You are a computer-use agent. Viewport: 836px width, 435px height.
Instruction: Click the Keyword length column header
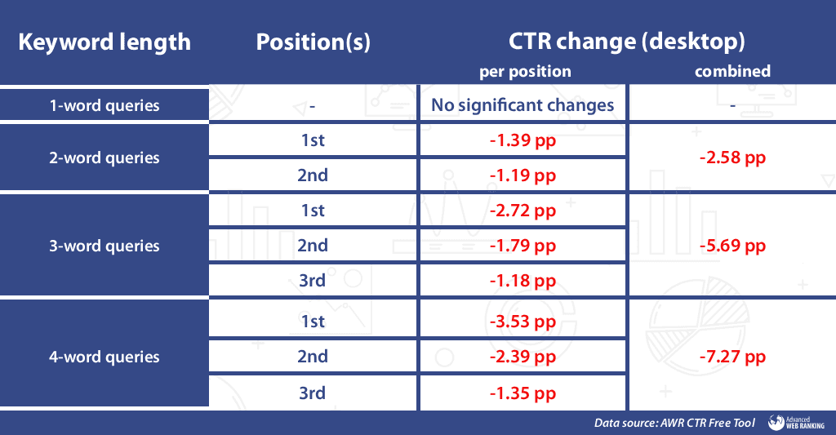pyautogui.click(x=104, y=42)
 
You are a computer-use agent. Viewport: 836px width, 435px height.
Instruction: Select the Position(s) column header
pyautogui.click(x=313, y=42)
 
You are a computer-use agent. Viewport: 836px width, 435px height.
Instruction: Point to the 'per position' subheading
pyautogui.click(x=525, y=71)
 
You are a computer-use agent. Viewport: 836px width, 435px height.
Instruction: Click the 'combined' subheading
pyautogui.click(x=732, y=71)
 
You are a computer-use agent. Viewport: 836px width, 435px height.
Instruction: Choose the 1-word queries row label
pyautogui.click(x=104, y=105)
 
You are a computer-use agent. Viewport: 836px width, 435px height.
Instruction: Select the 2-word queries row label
pyautogui.click(x=104, y=158)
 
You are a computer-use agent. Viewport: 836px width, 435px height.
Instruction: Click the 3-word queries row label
pyautogui.click(x=104, y=246)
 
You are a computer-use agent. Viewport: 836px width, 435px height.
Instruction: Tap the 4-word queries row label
pyautogui.click(x=104, y=357)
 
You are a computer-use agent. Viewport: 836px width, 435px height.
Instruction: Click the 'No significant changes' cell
pyautogui.click(x=522, y=105)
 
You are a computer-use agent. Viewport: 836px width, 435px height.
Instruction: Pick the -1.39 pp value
pyautogui.click(x=522, y=140)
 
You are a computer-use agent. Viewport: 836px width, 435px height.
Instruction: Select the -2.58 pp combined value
pyautogui.click(x=732, y=158)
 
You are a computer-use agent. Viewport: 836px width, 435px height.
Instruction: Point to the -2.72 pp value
pyautogui.click(x=522, y=211)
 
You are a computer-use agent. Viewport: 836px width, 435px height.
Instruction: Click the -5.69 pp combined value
pyautogui.click(x=732, y=246)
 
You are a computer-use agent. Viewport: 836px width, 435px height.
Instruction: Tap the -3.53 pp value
pyautogui.click(x=522, y=322)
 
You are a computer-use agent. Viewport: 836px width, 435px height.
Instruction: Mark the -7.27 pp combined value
pyautogui.click(x=732, y=357)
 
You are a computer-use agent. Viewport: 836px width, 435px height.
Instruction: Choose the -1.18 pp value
pyautogui.click(x=522, y=281)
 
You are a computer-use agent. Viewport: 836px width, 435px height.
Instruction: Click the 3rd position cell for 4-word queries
pyautogui.click(x=313, y=393)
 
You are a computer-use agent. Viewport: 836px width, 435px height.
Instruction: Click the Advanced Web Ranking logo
pyautogui.click(x=798, y=422)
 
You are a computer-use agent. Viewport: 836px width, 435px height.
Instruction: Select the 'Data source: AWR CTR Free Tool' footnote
pyautogui.click(x=674, y=423)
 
